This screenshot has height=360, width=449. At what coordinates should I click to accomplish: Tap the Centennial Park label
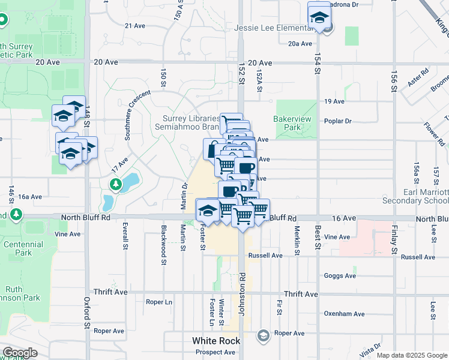tap(23, 248)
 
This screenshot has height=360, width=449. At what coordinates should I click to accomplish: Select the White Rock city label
tap(216, 341)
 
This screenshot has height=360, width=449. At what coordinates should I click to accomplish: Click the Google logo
tap(19, 353)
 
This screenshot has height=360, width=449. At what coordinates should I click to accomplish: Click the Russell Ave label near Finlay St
tap(418, 257)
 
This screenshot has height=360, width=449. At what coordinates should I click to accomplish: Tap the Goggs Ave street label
tap(340, 276)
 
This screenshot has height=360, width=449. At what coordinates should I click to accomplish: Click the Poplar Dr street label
tap(337, 121)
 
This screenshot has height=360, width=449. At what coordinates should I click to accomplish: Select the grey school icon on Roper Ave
tap(262, 335)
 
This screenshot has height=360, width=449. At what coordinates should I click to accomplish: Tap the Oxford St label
tap(87, 312)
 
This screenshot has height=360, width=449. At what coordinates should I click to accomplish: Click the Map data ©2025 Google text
tap(411, 355)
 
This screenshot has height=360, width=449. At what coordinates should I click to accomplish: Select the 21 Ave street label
tap(135, 26)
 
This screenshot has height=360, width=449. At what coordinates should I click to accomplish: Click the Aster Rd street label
tap(417, 79)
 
